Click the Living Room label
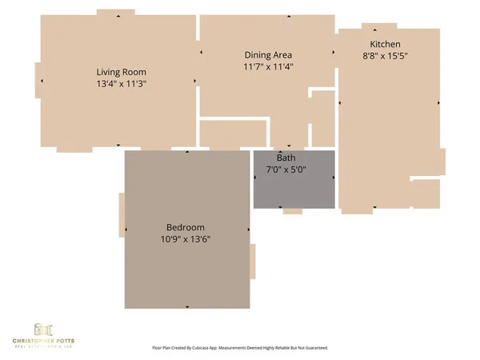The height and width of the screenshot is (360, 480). pyautogui.click(x=118, y=70)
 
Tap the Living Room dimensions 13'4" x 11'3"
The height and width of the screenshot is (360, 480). pyautogui.click(x=118, y=82)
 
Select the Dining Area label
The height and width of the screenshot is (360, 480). pyautogui.click(x=267, y=55)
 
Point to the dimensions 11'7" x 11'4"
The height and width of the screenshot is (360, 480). pyautogui.click(x=267, y=66)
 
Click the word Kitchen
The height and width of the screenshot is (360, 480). pyautogui.click(x=385, y=44)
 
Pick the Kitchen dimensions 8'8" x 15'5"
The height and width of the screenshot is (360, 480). pyautogui.click(x=385, y=55)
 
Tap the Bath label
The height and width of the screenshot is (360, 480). pyautogui.click(x=286, y=158)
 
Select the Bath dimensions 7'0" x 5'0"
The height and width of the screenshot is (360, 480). pyautogui.click(x=286, y=170)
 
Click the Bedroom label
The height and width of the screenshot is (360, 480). pyautogui.click(x=186, y=226)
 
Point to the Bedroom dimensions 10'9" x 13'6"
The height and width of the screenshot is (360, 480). pyautogui.click(x=186, y=238)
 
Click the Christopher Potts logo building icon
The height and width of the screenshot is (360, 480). pyautogui.click(x=44, y=329)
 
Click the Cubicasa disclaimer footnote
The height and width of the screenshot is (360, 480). pyautogui.click(x=240, y=348)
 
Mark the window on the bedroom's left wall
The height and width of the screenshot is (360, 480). pyautogui.click(x=122, y=214)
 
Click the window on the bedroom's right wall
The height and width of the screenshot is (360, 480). pyautogui.click(x=253, y=262)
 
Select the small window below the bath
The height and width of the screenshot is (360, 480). pyautogui.click(x=292, y=211)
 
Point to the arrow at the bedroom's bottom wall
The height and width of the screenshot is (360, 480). pyautogui.click(x=186, y=306)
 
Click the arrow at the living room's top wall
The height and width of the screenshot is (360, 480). pyautogui.click(x=118, y=15)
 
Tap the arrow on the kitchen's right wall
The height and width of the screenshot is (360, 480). pyautogui.click(x=438, y=102)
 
